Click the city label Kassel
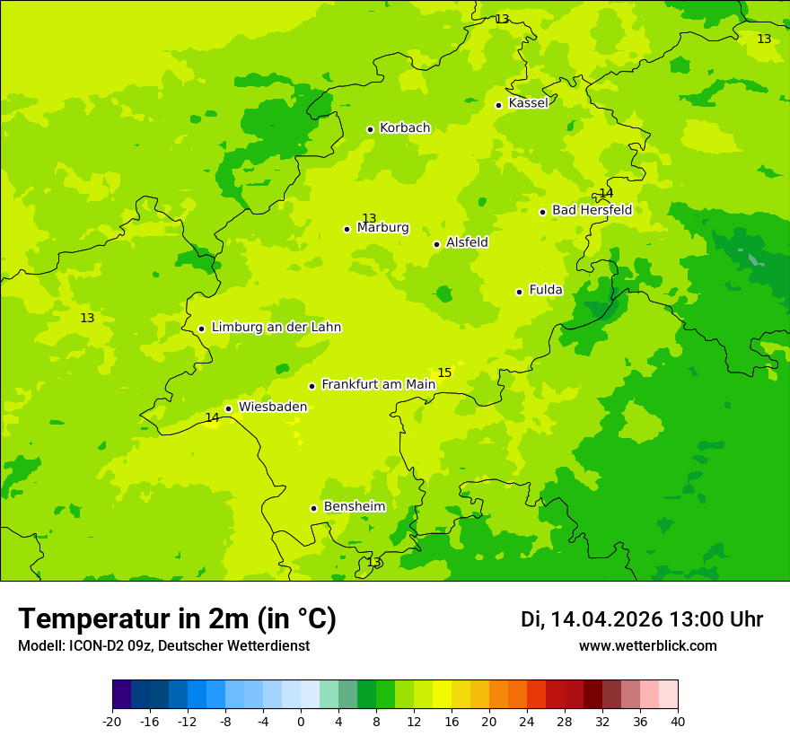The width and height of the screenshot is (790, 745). pos(528,103)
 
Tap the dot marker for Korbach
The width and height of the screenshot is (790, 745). pos(370,129)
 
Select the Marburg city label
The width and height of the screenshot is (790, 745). pos(382,228)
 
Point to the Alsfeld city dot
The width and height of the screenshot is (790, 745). pos(436,244)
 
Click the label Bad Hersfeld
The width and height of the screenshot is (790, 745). pos(592,210)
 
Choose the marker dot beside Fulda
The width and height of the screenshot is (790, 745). pos(519,292)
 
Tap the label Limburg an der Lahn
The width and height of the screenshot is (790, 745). pos(276,328)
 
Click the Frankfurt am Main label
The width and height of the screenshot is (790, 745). pos(378,384)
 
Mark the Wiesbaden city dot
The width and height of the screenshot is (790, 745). pos(228,408)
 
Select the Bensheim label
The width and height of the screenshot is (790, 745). pos(354,506)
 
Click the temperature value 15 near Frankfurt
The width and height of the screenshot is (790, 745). pos(444,372)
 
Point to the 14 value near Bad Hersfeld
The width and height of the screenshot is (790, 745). pos(606,193)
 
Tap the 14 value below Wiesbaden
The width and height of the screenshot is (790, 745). pos(212,417)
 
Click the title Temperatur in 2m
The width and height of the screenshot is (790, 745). pos(177,618)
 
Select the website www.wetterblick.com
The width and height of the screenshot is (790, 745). pos(647,646)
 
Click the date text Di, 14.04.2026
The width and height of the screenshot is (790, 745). pos(592,619)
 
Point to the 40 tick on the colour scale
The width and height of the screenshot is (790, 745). pos(678,721)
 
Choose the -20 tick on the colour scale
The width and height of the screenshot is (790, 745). pos(112,721)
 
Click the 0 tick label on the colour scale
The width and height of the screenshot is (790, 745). pos(301,721)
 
